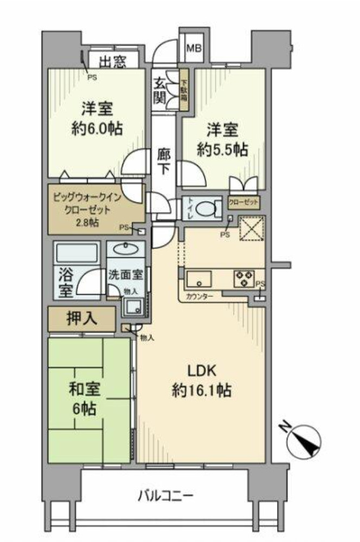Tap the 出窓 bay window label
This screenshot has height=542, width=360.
point(112,61)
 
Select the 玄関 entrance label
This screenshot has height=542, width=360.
point(161,91)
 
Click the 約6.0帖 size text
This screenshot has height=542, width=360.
point(97,128)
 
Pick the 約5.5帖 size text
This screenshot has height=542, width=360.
point(222,150)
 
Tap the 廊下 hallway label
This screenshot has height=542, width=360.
point(163,160)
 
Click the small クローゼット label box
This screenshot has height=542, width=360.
point(243,203)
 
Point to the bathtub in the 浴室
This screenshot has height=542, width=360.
point(76,254)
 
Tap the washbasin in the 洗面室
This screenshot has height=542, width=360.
point(126,250)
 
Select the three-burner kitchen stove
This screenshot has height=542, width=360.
point(243,279)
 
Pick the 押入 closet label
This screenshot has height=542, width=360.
point(82,319)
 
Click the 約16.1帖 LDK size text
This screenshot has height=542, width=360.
point(202,390)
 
